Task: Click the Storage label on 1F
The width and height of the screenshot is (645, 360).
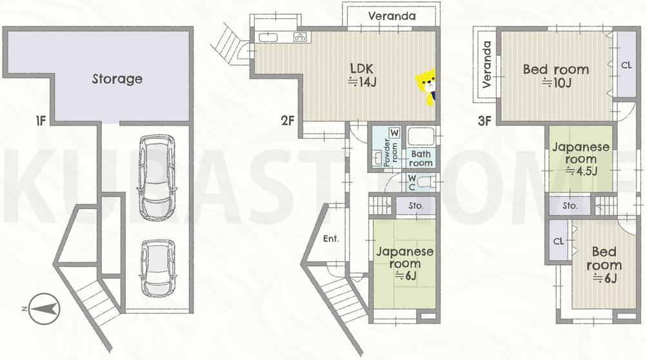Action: pos(117,79)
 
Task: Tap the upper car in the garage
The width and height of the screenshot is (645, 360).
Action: pos(157,177)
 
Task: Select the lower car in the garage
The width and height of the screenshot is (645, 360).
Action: pos(157,268)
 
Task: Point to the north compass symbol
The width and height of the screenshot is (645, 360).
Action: pos(41,308)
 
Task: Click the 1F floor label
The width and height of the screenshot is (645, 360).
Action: pos(40,121)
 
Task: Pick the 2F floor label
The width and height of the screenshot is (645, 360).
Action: pos(288,121)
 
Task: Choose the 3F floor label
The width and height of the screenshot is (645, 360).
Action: pos(485,121)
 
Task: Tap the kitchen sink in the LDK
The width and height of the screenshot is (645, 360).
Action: pos(268,37)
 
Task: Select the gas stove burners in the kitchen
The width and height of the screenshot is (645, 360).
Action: pos(301,37)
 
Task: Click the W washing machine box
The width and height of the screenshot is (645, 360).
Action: pos(395,133)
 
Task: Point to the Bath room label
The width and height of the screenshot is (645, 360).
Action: pos(421,159)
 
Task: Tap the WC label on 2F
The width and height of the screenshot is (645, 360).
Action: pos(412,183)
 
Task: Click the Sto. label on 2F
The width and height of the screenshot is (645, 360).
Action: pos(416,205)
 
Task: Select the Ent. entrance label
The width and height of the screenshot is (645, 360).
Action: pos(331,239)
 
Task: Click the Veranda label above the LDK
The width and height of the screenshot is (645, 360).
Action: pos(392,17)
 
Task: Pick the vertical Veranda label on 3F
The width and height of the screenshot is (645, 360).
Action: pos(487,65)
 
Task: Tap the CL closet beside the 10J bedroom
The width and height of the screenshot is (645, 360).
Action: pos(626,65)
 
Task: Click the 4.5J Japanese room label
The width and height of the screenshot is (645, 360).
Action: pos(581,159)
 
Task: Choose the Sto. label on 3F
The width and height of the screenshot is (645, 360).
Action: pos(570,205)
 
